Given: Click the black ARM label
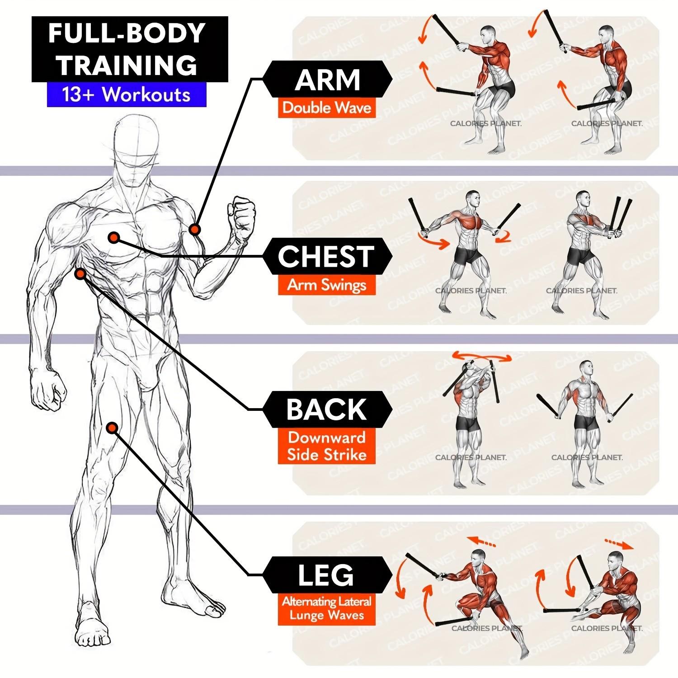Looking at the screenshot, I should tap(327, 80).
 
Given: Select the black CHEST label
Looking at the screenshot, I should tap(326, 256).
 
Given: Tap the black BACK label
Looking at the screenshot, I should tap(326, 410).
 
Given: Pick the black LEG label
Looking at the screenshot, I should tap(326, 575).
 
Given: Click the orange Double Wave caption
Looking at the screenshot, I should tap(327, 108).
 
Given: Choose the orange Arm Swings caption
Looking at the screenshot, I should tap(327, 285).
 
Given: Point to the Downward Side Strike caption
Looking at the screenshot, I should tap(327, 446).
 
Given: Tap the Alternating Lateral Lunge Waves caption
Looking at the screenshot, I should tap(327, 608).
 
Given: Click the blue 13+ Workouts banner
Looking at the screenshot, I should tap(127, 95).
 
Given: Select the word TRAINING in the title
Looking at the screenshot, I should tap(128, 65).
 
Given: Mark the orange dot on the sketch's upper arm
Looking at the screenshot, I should tap(195, 230).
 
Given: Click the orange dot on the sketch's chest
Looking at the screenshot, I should tap(113, 237).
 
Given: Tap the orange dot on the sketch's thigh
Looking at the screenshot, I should tap(112, 428).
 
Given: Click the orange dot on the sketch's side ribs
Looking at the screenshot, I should tap(80, 273).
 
